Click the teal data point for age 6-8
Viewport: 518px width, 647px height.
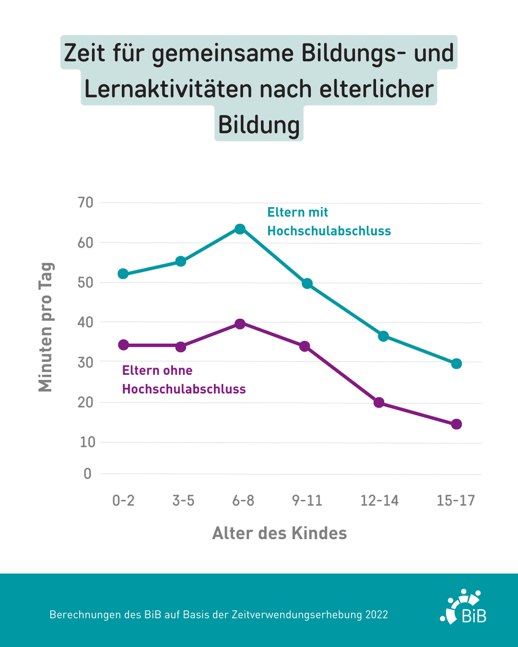click(x=240, y=229)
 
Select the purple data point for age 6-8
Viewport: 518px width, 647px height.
click(x=240, y=323)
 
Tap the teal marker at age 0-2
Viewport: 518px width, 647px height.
click(x=123, y=274)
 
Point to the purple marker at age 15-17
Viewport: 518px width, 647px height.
click(x=456, y=424)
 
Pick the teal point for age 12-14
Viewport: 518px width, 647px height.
click(x=383, y=336)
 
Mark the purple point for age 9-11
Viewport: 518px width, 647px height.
click(x=305, y=346)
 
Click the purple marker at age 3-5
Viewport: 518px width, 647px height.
click(x=181, y=347)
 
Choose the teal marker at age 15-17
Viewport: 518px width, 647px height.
click(x=456, y=363)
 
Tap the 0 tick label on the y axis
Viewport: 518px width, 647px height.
click(x=87, y=474)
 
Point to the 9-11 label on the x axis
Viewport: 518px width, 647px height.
click(x=306, y=501)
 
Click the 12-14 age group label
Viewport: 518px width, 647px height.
click(x=379, y=501)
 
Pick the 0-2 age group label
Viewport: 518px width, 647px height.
click(x=123, y=501)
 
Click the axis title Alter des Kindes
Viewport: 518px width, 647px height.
click(x=279, y=533)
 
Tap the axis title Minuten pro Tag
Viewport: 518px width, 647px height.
click(x=46, y=327)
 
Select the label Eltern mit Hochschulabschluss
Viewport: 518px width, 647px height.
click(x=329, y=222)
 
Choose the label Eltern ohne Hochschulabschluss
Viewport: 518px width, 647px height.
click(x=183, y=380)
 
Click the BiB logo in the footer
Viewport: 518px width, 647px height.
click(x=464, y=607)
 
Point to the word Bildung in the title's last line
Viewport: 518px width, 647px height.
click(x=258, y=125)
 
